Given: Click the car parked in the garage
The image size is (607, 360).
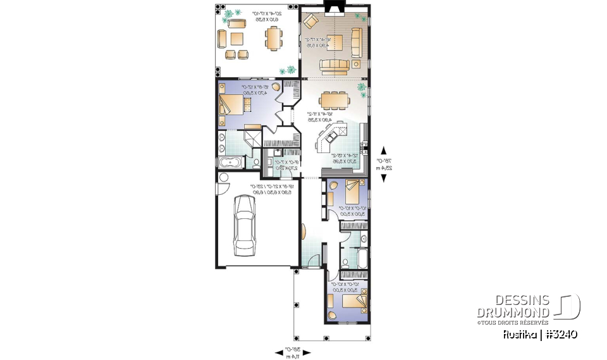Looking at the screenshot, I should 245,225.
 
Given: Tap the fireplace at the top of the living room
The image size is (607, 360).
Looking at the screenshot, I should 331,8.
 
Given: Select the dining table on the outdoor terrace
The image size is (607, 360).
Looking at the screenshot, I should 273,41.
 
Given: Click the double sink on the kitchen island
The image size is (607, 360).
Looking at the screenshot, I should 332,135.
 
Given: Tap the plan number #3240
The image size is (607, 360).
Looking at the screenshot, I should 558,334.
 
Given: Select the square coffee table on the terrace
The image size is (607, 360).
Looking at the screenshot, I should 236,41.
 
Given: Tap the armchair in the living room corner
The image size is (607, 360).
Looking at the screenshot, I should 310,22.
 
